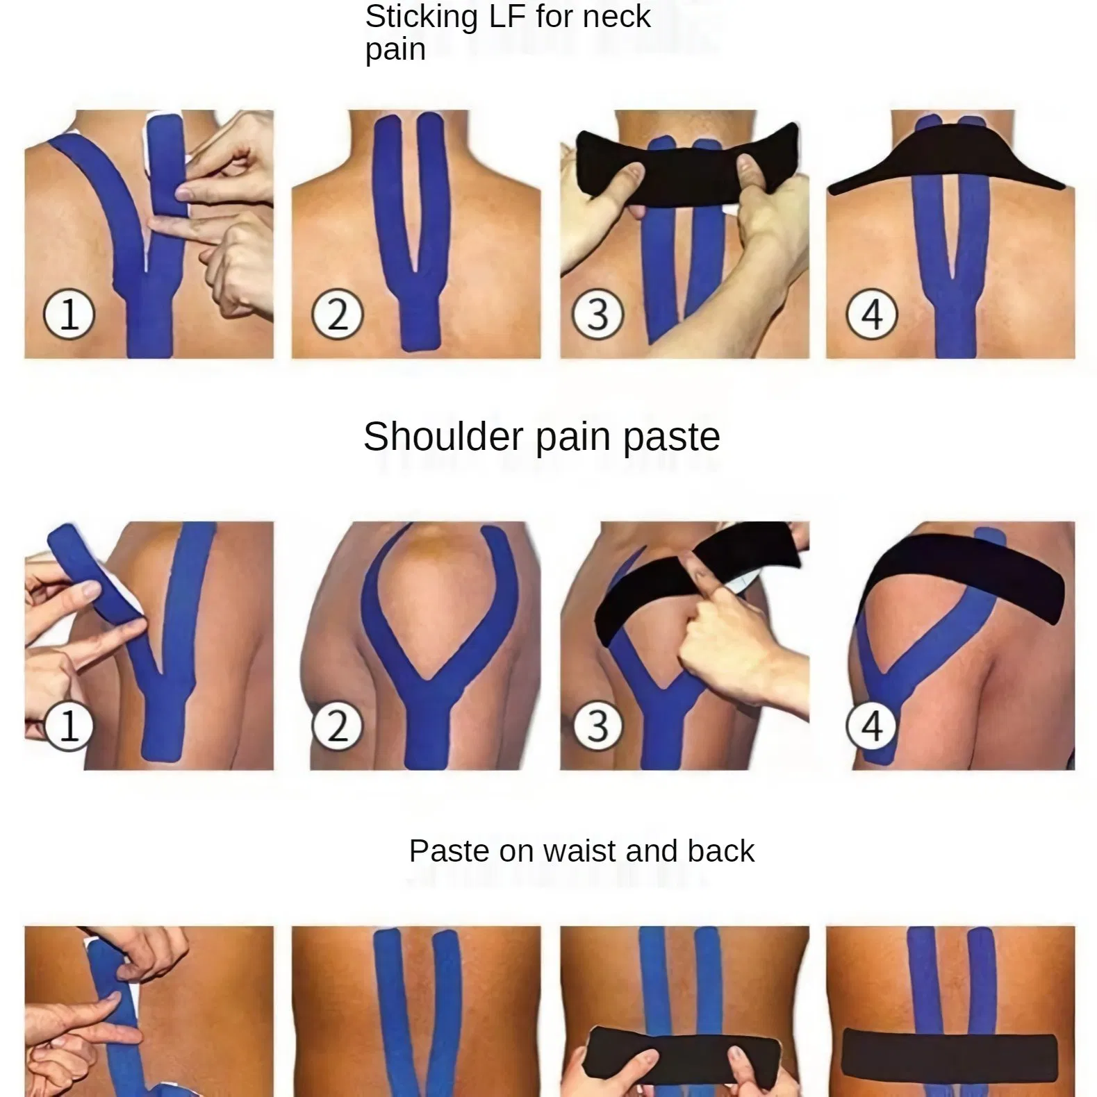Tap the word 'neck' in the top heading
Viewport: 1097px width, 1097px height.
coord(617,17)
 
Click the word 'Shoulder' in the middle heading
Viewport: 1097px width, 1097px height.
coord(443,437)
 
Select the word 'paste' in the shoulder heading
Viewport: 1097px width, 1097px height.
coord(671,437)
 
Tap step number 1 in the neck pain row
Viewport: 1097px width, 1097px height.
coord(69,315)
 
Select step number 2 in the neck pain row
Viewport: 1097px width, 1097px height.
coord(337,315)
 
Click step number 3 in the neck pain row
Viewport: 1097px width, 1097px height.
coord(597,315)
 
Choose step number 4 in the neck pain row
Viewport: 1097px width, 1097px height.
coord(871,315)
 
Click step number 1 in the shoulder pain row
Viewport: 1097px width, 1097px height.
coord(69,726)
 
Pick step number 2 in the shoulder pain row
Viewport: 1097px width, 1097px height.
coord(337,726)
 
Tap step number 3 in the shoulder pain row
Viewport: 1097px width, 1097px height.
coord(597,726)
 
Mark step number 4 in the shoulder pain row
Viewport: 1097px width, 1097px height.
coord(871,726)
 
